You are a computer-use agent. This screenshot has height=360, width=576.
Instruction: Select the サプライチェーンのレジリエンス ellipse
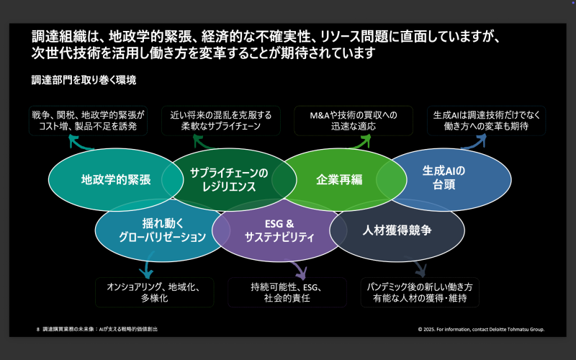228,179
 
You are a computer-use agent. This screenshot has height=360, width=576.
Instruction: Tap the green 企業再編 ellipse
338,179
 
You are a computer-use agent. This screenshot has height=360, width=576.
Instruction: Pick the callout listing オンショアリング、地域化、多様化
150,292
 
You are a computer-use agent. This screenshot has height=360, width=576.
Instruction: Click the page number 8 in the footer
37,328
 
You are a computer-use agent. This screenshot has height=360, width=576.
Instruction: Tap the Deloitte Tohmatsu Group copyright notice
481,329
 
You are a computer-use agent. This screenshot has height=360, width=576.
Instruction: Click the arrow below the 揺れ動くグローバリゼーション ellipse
148,269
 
